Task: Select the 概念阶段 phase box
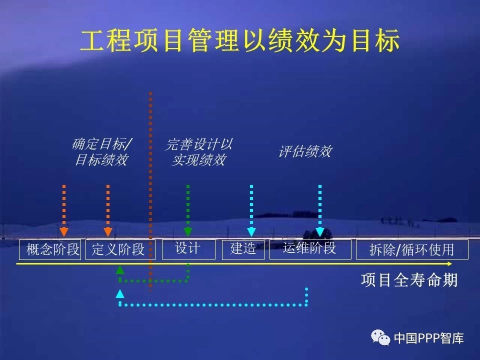pos(50,249)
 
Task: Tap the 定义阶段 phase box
pos(120,249)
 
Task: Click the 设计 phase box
pos(188,249)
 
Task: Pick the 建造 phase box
pos(243,250)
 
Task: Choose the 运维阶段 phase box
pos(310,249)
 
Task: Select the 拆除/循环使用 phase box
pos(412,249)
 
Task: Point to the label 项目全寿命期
pos(409,280)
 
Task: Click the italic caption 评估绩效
pos(305,151)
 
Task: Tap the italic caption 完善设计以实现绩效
pos(199,152)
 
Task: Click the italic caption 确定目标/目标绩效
pos(102,152)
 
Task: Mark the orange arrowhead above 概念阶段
pos(63,232)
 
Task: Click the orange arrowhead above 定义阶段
pos(108,232)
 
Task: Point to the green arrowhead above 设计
pos(188,232)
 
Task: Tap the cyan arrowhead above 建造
pos(251,232)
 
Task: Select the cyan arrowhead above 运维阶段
pos(320,232)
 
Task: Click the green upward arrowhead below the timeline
pos(120,269)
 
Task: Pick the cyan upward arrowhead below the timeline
pos(120,293)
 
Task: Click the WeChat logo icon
pos(380,337)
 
